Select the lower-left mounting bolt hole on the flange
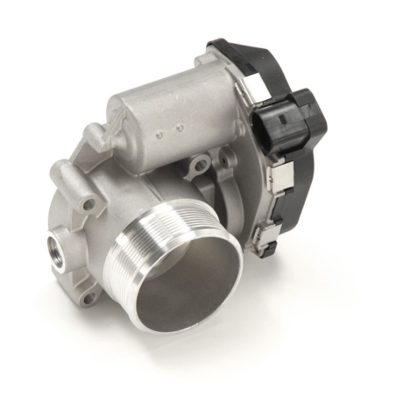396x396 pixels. pos(86,298)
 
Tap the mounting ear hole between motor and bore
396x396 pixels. pos(201,162)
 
